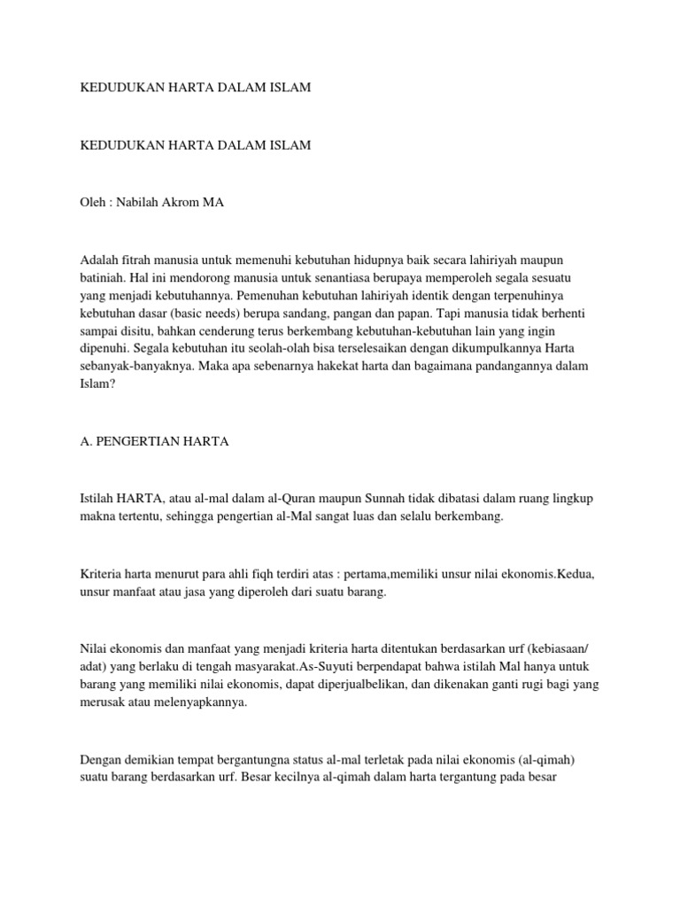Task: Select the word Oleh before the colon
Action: tap(92, 202)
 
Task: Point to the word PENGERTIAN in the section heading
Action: tap(143, 441)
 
